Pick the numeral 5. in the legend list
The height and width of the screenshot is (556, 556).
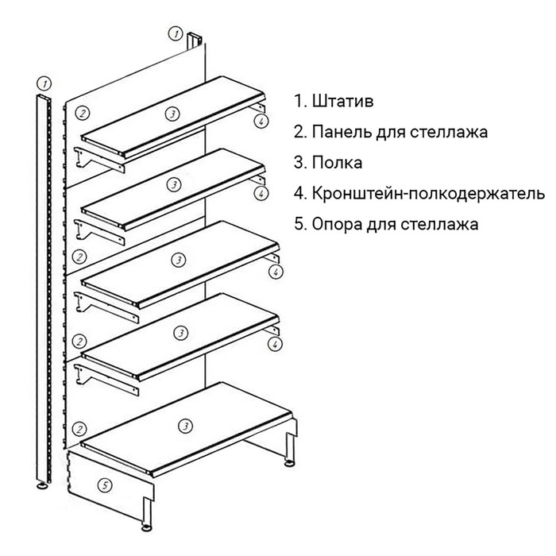point(299,224)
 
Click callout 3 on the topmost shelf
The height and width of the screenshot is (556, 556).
point(172,114)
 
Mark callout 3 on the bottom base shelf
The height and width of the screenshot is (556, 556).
point(185,427)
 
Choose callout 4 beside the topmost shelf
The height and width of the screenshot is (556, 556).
point(260,121)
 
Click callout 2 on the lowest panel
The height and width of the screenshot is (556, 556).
point(79,428)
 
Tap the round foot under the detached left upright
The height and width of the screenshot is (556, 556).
point(41,483)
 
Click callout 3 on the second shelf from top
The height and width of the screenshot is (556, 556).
point(175,185)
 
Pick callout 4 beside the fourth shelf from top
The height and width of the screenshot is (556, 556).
point(275,343)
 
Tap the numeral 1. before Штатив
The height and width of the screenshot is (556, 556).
point(299,102)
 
